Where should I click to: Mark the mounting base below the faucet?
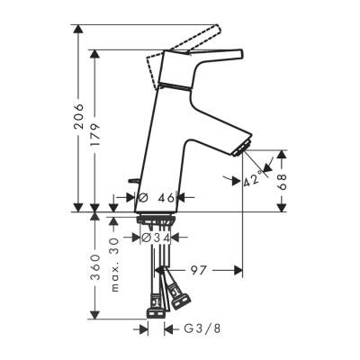click(x=157, y=218)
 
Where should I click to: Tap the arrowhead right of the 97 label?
click(x=236, y=269)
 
